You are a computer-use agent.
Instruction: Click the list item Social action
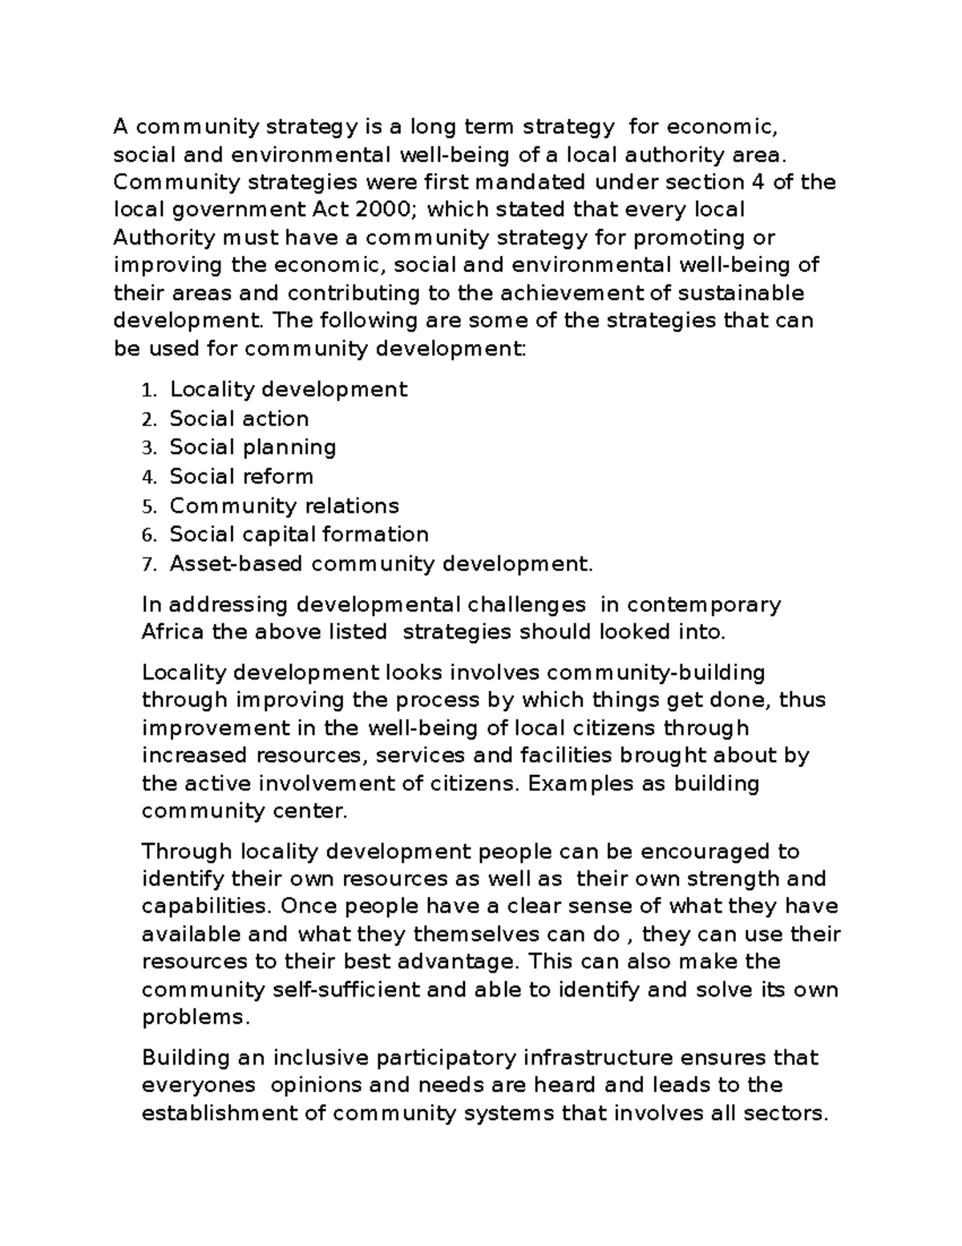tap(239, 419)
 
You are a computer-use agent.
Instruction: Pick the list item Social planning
tap(253, 448)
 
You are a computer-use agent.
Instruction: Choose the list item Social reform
tap(241, 477)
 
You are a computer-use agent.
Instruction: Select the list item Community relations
tap(284, 506)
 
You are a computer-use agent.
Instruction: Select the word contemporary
tap(704, 605)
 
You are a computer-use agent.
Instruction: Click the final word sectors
tap(785, 1114)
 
